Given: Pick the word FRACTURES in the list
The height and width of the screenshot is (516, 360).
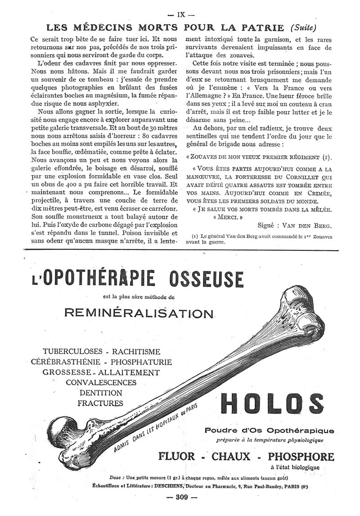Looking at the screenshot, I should (x=101, y=403).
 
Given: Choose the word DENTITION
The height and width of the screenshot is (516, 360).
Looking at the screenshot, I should (x=101, y=393).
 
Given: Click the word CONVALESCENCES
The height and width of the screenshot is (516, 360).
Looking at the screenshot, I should (x=101, y=382).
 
